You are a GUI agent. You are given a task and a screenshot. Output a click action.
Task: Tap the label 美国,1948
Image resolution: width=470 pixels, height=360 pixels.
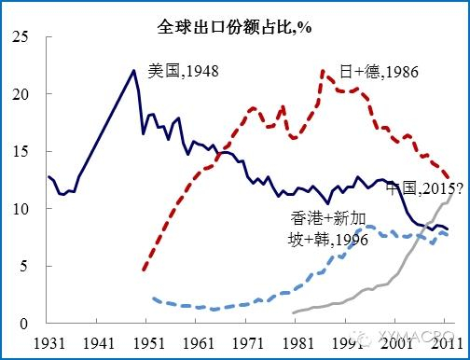click(x=184, y=70)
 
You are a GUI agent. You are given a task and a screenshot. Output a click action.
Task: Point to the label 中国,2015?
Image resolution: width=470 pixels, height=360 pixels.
click(x=422, y=187)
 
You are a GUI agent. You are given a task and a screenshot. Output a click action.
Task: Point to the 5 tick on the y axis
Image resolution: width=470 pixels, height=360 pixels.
click(x=25, y=266)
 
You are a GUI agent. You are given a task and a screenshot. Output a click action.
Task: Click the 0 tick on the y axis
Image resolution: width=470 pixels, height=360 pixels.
click(x=25, y=324)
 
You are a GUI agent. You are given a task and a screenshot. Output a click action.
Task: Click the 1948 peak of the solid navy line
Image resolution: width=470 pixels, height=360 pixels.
click(x=133, y=70)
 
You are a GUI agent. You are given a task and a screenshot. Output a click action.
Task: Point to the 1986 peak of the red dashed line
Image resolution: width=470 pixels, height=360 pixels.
click(x=323, y=71)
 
